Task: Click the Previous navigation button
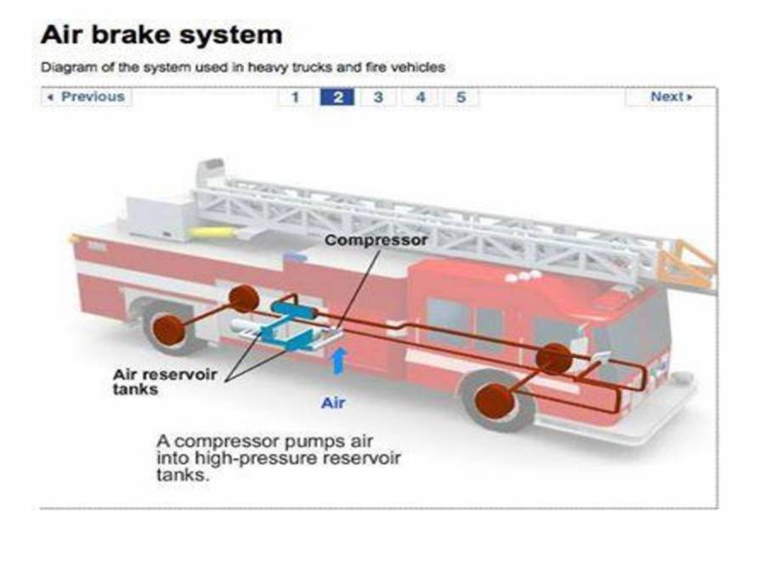(x=87, y=97)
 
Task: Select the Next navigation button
(x=671, y=97)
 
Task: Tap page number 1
(x=295, y=97)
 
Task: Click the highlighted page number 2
(x=337, y=97)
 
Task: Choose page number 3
(x=378, y=97)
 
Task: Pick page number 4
(x=420, y=97)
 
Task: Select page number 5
(x=461, y=97)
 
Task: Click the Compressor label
(x=376, y=241)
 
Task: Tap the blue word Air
(x=333, y=402)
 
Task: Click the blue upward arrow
(x=337, y=360)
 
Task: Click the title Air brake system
(x=161, y=36)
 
